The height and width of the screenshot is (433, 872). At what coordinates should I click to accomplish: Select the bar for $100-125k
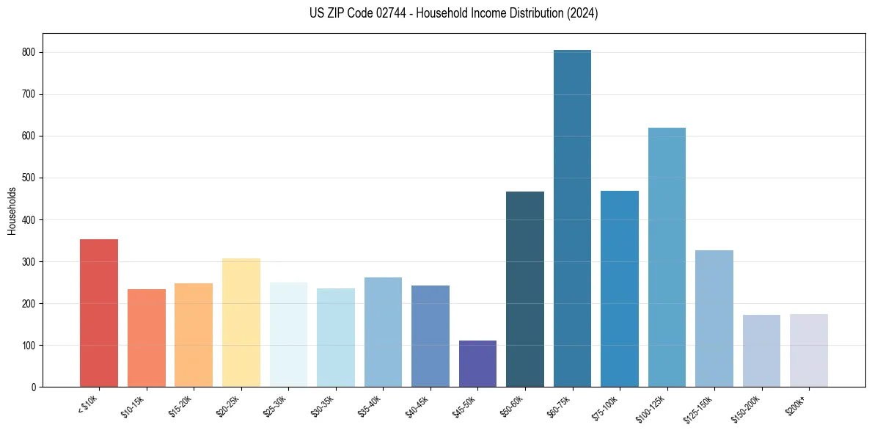pos(667,258)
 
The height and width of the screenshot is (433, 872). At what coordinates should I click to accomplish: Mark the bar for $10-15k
pos(147,338)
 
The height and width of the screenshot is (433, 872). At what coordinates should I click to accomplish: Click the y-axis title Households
pos(12,211)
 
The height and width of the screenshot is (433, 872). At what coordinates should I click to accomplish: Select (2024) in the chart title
pos(583,13)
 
